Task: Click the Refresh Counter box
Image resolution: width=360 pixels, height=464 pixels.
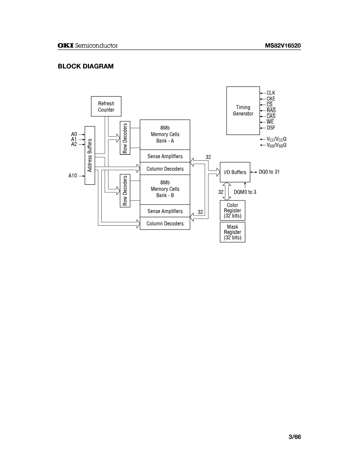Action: coord(106,106)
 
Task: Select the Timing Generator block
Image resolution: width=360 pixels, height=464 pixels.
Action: coord(243,111)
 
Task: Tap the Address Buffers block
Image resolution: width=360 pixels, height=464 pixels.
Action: coord(90,155)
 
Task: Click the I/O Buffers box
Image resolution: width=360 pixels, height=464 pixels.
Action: coord(235,172)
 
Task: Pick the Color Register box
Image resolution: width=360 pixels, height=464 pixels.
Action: coord(233,210)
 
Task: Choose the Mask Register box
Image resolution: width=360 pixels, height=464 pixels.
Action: coord(233,232)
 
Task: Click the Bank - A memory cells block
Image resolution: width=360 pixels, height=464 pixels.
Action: coord(165,134)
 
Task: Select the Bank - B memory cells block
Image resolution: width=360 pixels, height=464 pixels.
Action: coord(165,189)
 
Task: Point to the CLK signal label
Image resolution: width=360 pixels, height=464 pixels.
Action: coord(271,93)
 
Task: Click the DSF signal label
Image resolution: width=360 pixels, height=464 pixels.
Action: coord(271,128)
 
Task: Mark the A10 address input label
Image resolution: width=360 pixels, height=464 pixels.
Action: coord(73,176)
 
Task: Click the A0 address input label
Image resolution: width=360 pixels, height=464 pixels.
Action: coord(74,135)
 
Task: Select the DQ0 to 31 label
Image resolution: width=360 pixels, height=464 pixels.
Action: coord(269,172)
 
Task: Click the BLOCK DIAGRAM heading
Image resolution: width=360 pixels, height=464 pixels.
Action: coord(86,66)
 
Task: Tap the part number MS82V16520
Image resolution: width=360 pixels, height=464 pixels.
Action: coord(283,46)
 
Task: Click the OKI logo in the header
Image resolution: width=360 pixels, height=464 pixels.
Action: coord(65,46)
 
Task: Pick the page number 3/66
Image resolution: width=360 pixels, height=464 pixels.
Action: coord(295,437)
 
